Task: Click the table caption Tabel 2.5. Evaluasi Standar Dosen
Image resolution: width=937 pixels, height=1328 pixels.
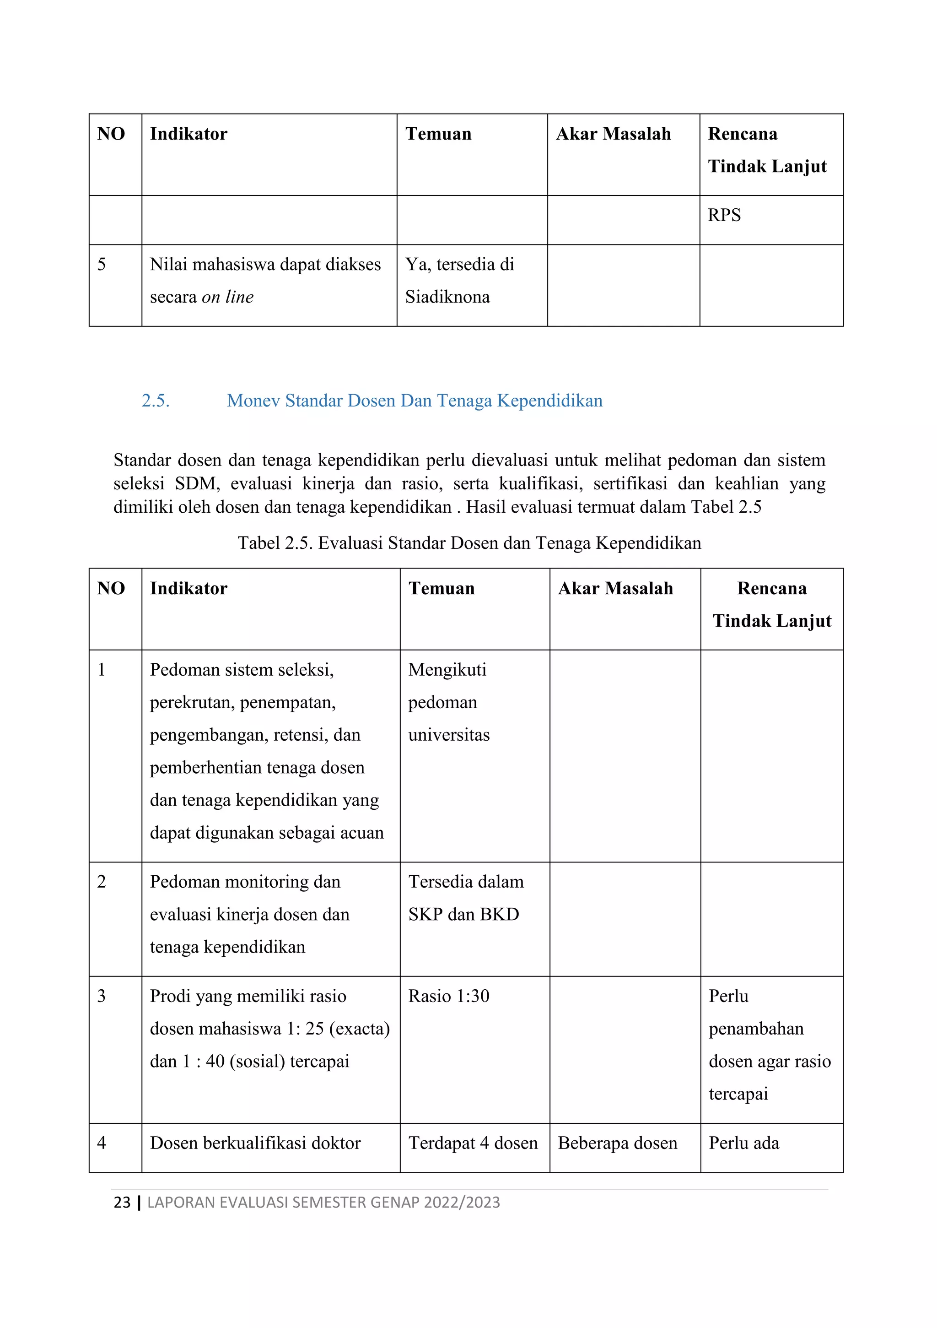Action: pos(469,542)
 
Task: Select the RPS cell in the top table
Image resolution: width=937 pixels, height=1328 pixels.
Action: pos(724,215)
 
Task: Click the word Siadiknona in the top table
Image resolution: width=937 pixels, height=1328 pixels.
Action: pos(447,297)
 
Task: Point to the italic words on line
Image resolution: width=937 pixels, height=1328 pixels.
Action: pos(228,297)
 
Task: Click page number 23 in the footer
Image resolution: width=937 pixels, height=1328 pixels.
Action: pos(122,1202)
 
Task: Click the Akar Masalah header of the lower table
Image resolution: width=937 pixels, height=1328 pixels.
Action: pos(616,588)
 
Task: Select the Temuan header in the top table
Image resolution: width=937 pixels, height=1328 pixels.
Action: pos(438,134)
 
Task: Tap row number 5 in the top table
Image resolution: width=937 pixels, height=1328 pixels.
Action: pos(102,264)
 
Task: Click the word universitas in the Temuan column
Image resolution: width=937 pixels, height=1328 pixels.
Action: pos(448,735)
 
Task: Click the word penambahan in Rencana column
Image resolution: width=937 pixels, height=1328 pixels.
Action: pos(756,1029)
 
